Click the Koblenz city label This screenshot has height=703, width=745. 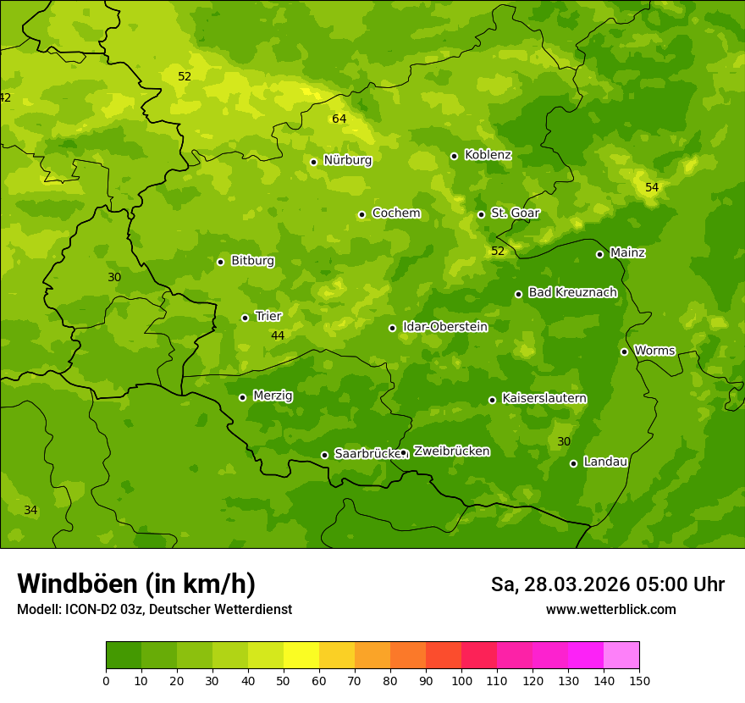(x=488, y=155)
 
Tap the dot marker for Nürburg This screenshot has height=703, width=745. (x=313, y=162)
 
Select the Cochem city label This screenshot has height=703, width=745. (x=395, y=213)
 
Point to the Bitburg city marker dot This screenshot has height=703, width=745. (x=220, y=262)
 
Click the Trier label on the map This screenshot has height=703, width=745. (x=268, y=316)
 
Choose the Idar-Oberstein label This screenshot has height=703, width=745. (x=444, y=327)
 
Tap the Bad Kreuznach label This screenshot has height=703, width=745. (x=572, y=292)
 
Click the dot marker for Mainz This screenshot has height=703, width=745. (x=599, y=254)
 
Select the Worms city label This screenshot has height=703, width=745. (x=654, y=351)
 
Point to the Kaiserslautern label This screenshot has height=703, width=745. (x=544, y=398)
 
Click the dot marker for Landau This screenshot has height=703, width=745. (x=573, y=463)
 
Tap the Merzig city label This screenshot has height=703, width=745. (x=273, y=396)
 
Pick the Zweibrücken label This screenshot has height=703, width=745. (x=451, y=451)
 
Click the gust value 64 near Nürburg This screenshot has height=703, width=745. (x=339, y=119)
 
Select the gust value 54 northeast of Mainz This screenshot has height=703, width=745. (x=651, y=187)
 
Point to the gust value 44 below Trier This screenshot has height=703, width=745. (x=277, y=336)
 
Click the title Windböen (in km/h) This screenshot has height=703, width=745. (x=135, y=584)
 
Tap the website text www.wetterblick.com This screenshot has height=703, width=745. (x=610, y=610)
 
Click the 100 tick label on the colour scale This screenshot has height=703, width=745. (x=461, y=680)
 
